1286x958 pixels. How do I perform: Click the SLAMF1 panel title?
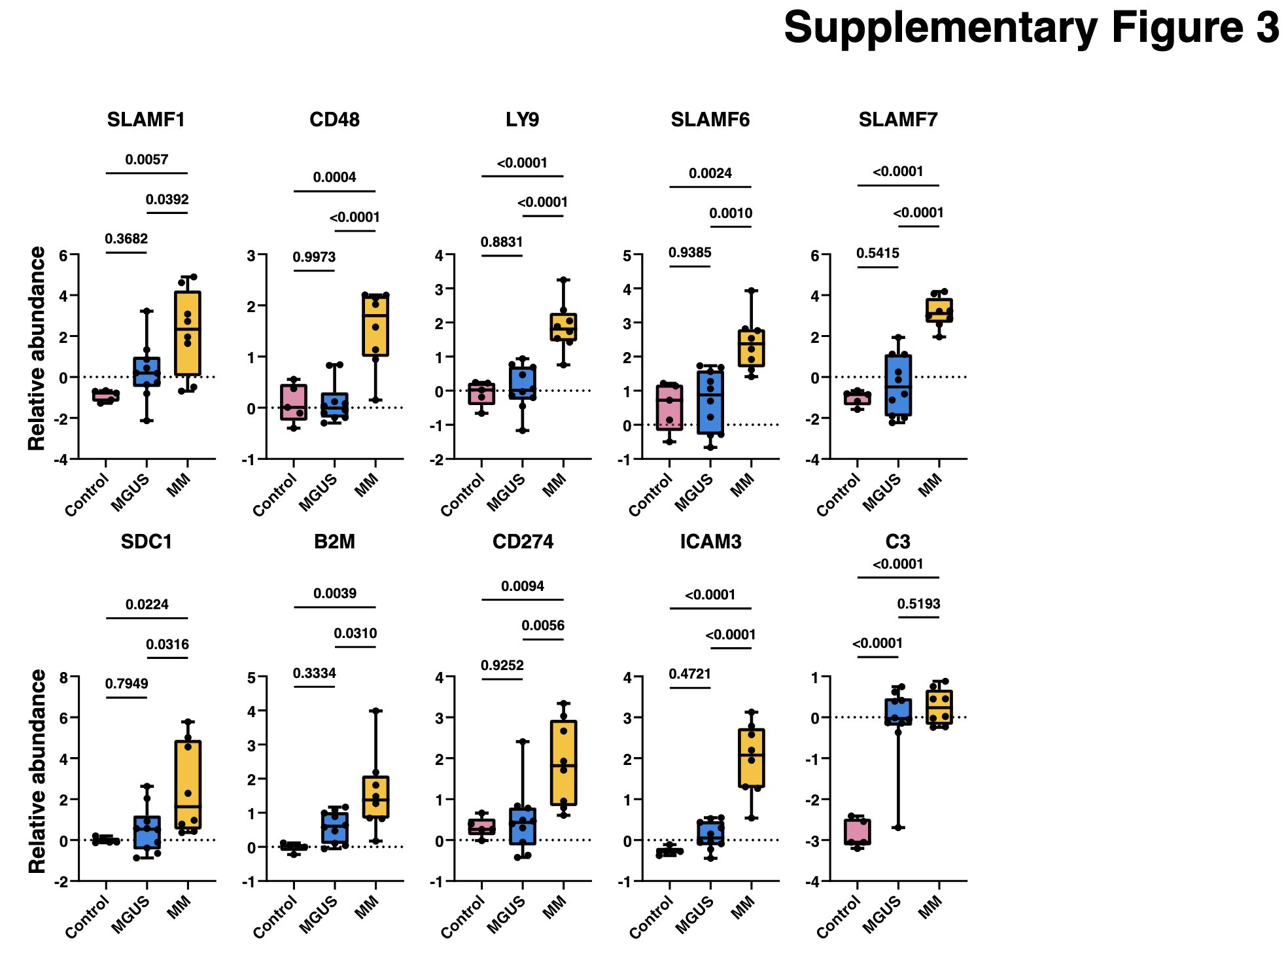click(x=146, y=120)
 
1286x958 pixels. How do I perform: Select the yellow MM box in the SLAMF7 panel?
click(x=939, y=310)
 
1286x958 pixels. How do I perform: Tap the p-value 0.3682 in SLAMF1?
click(x=126, y=239)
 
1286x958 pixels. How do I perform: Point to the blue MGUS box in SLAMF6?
click(x=710, y=402)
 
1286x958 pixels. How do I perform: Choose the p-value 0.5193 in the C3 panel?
click(x=918, y=604)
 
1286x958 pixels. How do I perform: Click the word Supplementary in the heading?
click(x=941, y=29)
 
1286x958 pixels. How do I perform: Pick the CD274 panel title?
click(x=523, y=542)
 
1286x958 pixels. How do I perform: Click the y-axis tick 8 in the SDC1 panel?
click(x=63, y=677)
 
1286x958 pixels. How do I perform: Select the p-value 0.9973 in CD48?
click(x=314, y=257)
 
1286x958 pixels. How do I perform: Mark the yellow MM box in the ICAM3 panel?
click(x=752, y=758)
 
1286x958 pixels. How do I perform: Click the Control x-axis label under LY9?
click(x=462, y=495)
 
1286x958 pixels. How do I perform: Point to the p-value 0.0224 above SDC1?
click(x=147, y=605)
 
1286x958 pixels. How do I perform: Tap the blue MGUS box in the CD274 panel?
click(x=523, y=826)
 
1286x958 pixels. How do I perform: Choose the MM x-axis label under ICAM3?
click(x=742, y=908)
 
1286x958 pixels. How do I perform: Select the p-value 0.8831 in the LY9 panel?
click(x=502, y=242)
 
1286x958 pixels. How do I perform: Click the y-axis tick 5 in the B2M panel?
click(x=252, y=677)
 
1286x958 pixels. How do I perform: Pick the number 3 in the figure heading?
click(x=1265, y=29)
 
